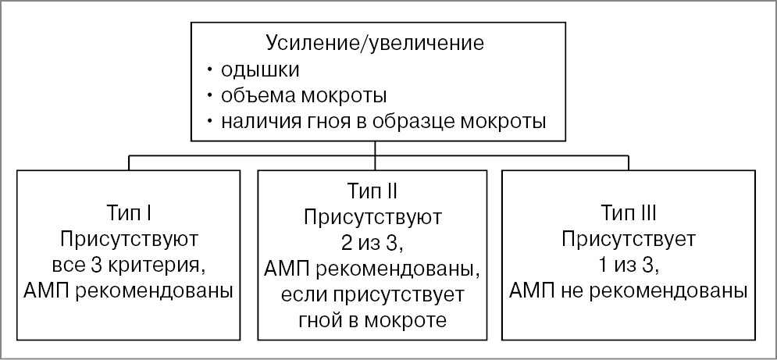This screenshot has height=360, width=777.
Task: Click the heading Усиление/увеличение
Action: [x=375, y=43]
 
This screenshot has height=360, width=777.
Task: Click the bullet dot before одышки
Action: [x=210, y=70]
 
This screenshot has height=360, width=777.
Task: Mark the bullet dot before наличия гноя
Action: [x=210, y=123]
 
